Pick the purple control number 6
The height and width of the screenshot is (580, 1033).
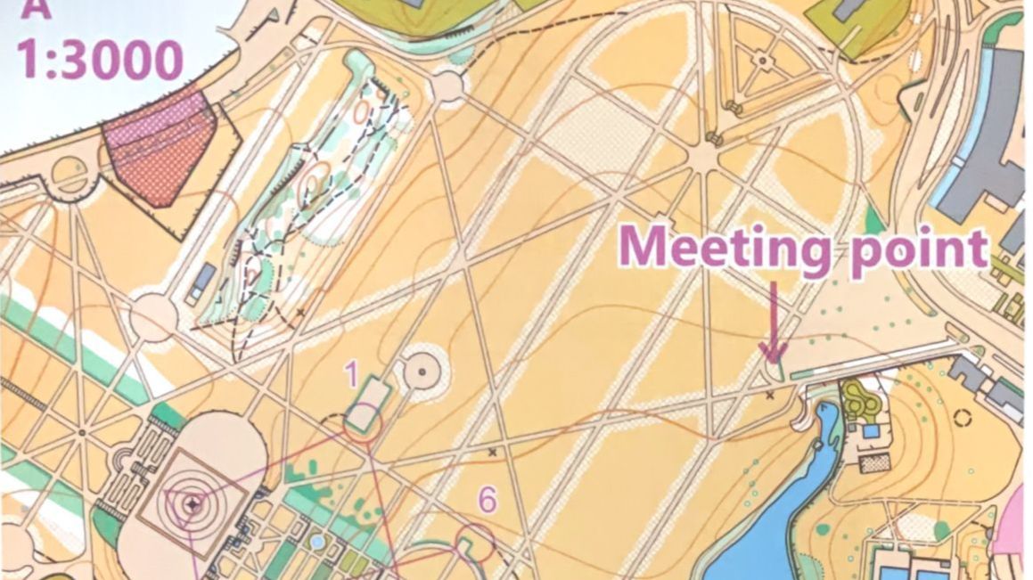tap(487, 500)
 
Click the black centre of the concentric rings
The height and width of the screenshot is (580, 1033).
tap(193, 504)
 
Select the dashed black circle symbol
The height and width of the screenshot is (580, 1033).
tap(962, 417)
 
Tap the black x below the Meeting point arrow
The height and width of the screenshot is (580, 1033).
tap(770, 395)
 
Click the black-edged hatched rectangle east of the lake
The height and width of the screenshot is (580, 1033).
tap(878, 462)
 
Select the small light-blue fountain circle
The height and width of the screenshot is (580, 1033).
tap(318, 541)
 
